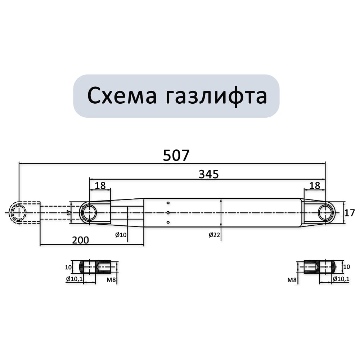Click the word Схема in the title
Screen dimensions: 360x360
click(122, 96)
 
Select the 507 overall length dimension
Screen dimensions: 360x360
click(176, 155)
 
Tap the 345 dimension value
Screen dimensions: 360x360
click(208, 174)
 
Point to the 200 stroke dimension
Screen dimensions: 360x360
click(81, 240)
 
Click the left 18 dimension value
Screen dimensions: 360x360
click(100, 185)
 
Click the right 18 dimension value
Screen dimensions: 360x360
click(315, 185)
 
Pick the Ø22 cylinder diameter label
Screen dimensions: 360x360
click(215, 235)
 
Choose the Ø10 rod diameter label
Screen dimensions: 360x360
click(121, 235)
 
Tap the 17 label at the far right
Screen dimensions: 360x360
click(350, 213)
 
